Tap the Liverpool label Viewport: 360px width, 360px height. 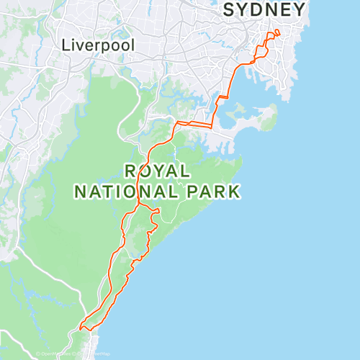98,45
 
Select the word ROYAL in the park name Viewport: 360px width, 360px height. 157,171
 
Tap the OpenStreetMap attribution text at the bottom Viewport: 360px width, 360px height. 72,354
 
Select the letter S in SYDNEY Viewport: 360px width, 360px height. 230,10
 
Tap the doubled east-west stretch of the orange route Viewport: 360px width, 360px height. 194,125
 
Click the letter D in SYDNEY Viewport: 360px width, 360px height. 264,10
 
